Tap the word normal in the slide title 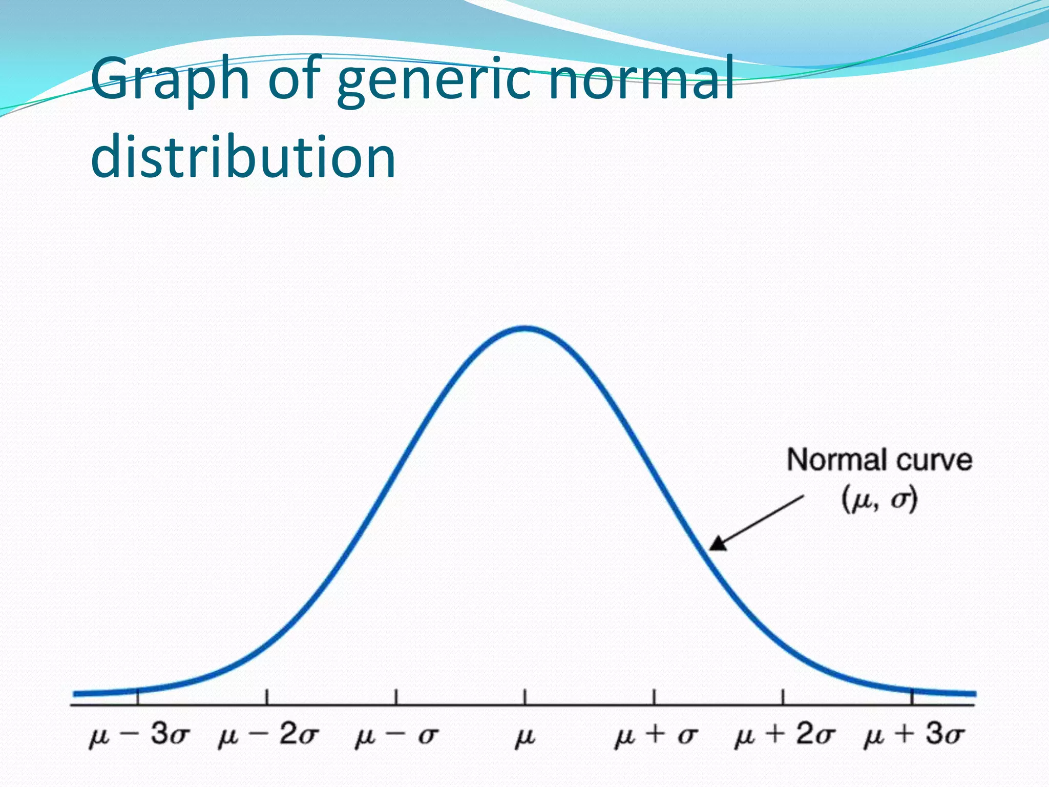click(640, 79)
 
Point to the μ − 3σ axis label click(139, 735)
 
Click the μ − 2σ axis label click(268, 735)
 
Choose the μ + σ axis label click(656, 736)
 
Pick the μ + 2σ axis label click(784, 735)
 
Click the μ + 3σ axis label click(914, 735)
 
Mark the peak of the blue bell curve click(526, 329)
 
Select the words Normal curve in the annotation click(879, 460)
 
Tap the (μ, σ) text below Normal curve click(879, 500)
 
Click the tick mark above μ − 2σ click(267, 697)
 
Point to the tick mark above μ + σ click(654, 697)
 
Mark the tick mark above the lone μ click(524, 697)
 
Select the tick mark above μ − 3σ click(138, 698)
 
